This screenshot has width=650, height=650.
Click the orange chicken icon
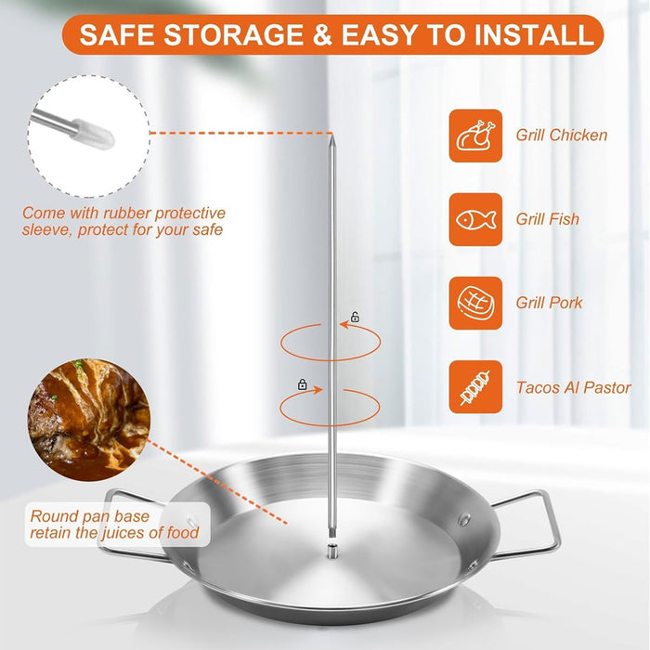point(475,136)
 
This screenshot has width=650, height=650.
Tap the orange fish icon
point(475,219)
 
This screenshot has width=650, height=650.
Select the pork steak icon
point(475,303)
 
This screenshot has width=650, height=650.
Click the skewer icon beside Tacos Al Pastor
point(475,387)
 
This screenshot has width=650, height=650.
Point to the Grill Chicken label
point(561,136)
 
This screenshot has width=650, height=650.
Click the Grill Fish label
point(547,219)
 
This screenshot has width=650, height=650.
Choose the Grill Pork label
point(549,303)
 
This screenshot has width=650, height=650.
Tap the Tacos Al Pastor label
point(573,388)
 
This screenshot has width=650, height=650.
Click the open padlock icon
point(355,318)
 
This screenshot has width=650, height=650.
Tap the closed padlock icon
point(302,383)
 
